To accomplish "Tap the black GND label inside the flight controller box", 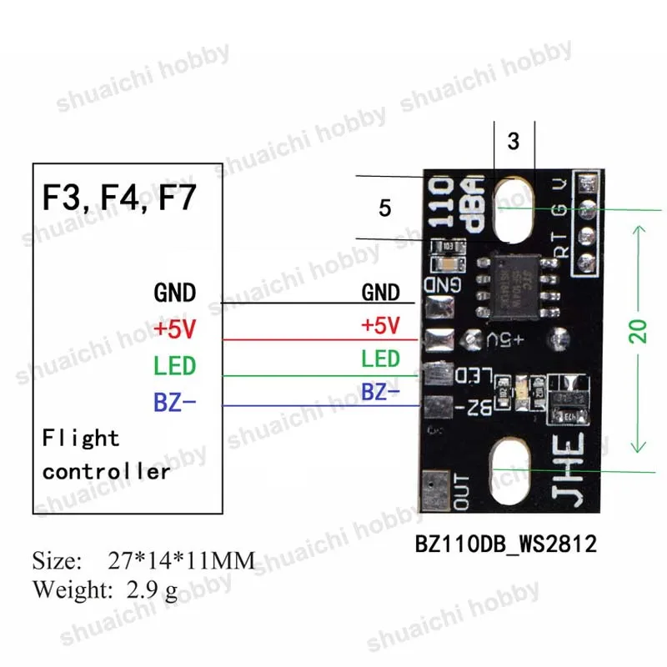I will [175, 293].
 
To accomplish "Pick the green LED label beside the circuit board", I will [380, 359].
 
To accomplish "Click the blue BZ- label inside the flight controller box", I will [174, 404].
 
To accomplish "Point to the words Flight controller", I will [106, 454].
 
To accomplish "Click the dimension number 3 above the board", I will [514, 141].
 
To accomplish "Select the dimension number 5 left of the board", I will [384, 208].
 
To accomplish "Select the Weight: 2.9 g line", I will [105, 590].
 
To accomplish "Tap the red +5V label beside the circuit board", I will [380, 323].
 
